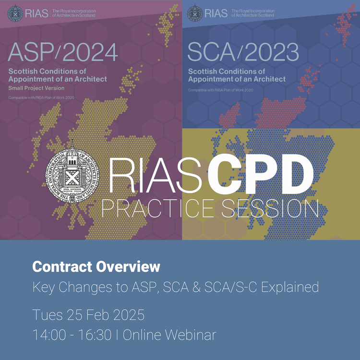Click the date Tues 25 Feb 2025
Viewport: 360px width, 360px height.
(88, 315)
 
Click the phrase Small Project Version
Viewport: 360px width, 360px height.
(36, 88)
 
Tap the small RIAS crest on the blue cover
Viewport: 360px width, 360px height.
(196, 13)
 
